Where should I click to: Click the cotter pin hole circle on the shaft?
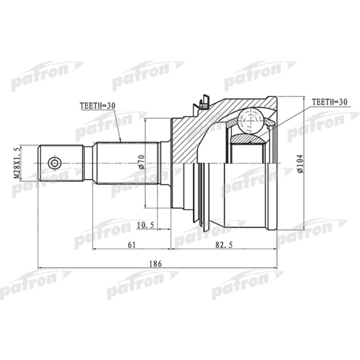[54, 164]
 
